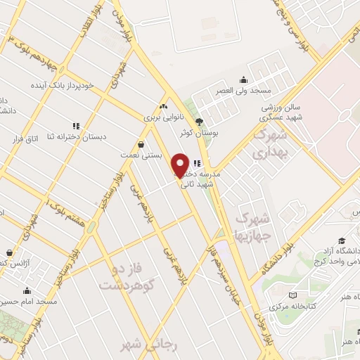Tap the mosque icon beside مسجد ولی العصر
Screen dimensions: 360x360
[243, 79]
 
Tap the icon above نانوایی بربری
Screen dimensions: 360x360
[163, 106]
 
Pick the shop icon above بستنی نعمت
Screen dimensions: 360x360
[142, 144]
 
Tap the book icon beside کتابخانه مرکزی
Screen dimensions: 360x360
[293, 295]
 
